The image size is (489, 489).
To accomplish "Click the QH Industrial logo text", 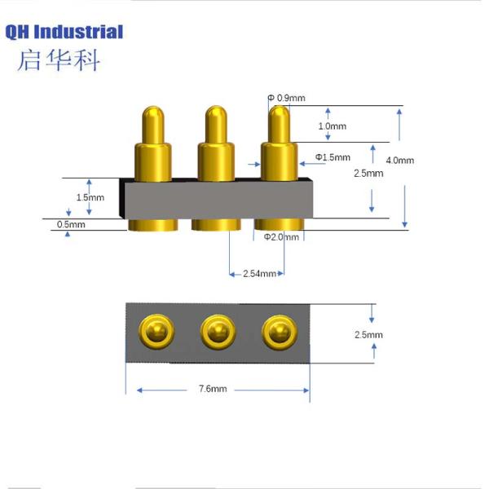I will (x=64, y=33).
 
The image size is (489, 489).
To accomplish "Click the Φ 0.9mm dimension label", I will (x=287, y=99).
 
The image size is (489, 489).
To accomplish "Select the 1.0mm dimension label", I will (x=332, y=126).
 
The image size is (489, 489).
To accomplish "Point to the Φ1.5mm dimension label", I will (x=333, y=157).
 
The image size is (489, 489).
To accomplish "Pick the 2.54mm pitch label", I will (x=258, y=274).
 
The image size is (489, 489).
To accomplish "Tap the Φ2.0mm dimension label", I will (x=282, y=237).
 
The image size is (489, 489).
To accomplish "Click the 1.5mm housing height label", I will (x=90, y=197).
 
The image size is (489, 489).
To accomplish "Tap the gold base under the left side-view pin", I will (x=152, y=225).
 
